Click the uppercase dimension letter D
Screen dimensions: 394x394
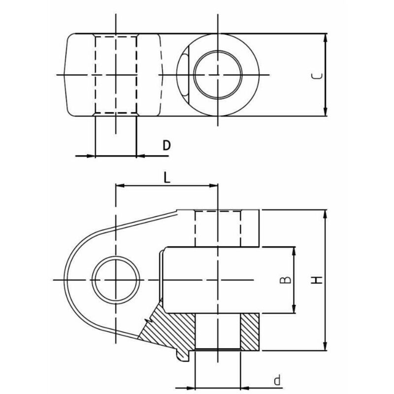[x=166, y=145]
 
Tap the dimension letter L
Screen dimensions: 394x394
[x=167, y=178]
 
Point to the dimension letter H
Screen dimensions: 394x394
[x=316, y=280]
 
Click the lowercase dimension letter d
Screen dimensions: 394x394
[x=277, y=380]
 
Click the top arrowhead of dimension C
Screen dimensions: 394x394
[x=326, y=38]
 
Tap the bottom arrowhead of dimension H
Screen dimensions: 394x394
[x=326, y=346]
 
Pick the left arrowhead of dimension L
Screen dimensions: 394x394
[x=120, y=186]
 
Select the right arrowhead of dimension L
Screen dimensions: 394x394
[x=214, y=186]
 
